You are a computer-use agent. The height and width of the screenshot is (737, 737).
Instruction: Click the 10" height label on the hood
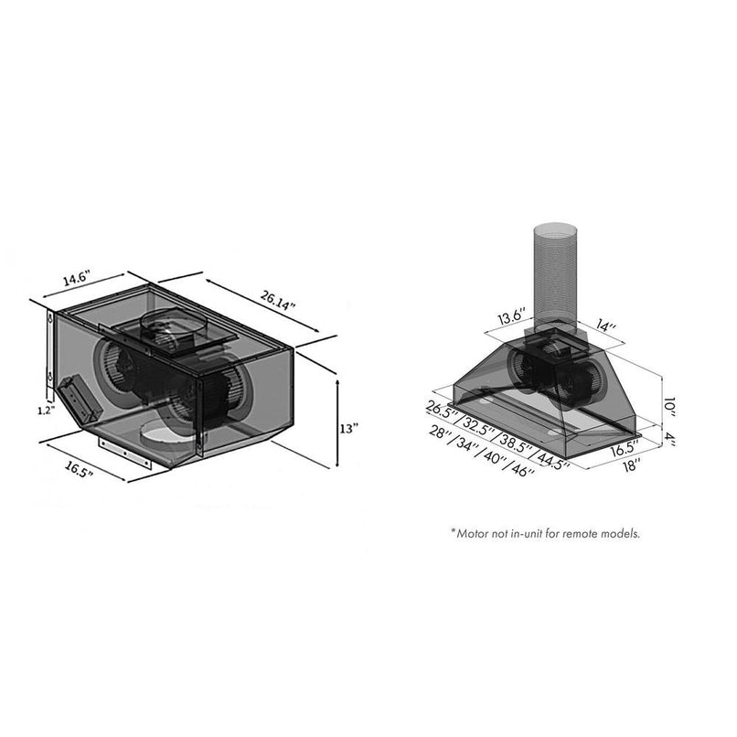[672, 402]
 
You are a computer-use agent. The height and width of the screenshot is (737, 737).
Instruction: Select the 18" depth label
[631, 464]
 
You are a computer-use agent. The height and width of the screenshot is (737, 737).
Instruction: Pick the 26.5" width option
[441, 408]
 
